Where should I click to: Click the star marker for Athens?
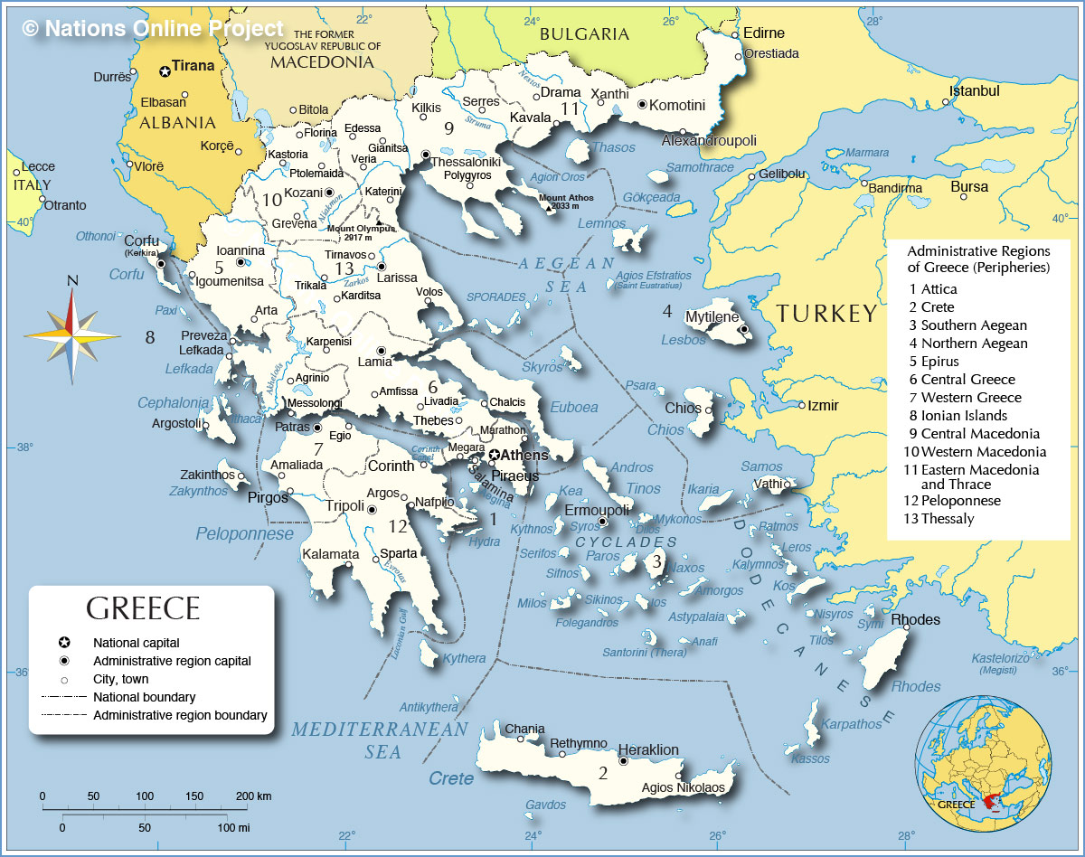coord(495,455)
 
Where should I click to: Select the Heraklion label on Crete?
coord(648,749)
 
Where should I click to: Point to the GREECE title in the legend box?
coord(143,608)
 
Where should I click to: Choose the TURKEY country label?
coord(826,314)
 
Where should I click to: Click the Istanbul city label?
coord(974,91)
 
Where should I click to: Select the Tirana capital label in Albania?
coord(193,66)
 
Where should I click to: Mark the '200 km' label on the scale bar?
coord(254,796)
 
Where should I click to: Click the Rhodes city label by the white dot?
coord(915,619)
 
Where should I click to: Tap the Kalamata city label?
coord(330,554)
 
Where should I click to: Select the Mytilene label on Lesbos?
coord(712,317)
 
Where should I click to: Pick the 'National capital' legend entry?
coord(136,643)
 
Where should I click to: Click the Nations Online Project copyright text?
coord(153,29)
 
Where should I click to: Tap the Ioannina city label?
coord(241,250)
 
